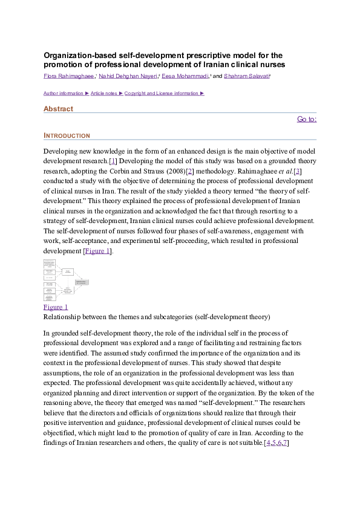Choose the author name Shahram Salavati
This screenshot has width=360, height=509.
click(246, 77)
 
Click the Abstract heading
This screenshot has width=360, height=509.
click(58, 109)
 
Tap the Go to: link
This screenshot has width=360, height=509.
click(307, 119)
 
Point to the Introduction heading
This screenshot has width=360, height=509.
click(67, 135)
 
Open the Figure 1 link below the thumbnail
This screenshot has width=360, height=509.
click(56, 307)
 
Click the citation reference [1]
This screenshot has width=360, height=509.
click(113, 161)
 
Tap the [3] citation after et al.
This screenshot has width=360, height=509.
click(297, 172)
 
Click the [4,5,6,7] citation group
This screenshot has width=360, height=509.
click(277, 444)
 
